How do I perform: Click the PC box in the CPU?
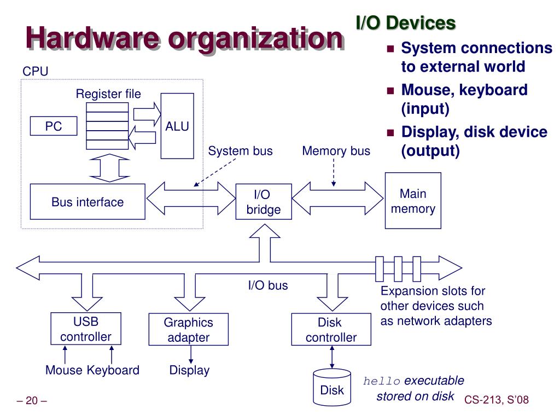(x=54, y=126)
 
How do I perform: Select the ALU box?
(x=177, y=126)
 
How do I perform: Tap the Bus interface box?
(x=87, y=202)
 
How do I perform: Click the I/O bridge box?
(x=263, y=202)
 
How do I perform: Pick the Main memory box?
(x=413, y=201)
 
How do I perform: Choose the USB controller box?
(x=86, y=329)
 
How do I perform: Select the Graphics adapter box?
(x=188, y=330)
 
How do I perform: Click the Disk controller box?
(x=331, y=330)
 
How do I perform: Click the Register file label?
(x=108, y=94)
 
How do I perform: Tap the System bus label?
(x=240, y=151)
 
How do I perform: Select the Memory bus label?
(x=336, y=151)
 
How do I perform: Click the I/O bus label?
(x=268, y=285)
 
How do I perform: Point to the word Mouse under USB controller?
(x=64, y=370)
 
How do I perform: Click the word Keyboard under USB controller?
(x=113, y=370)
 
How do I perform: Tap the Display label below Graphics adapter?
(x=189, y=370)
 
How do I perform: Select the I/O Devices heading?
(x=406, y=23)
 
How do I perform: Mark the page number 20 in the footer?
(x=32, y=401)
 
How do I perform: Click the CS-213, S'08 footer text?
(x=497, y=400)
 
